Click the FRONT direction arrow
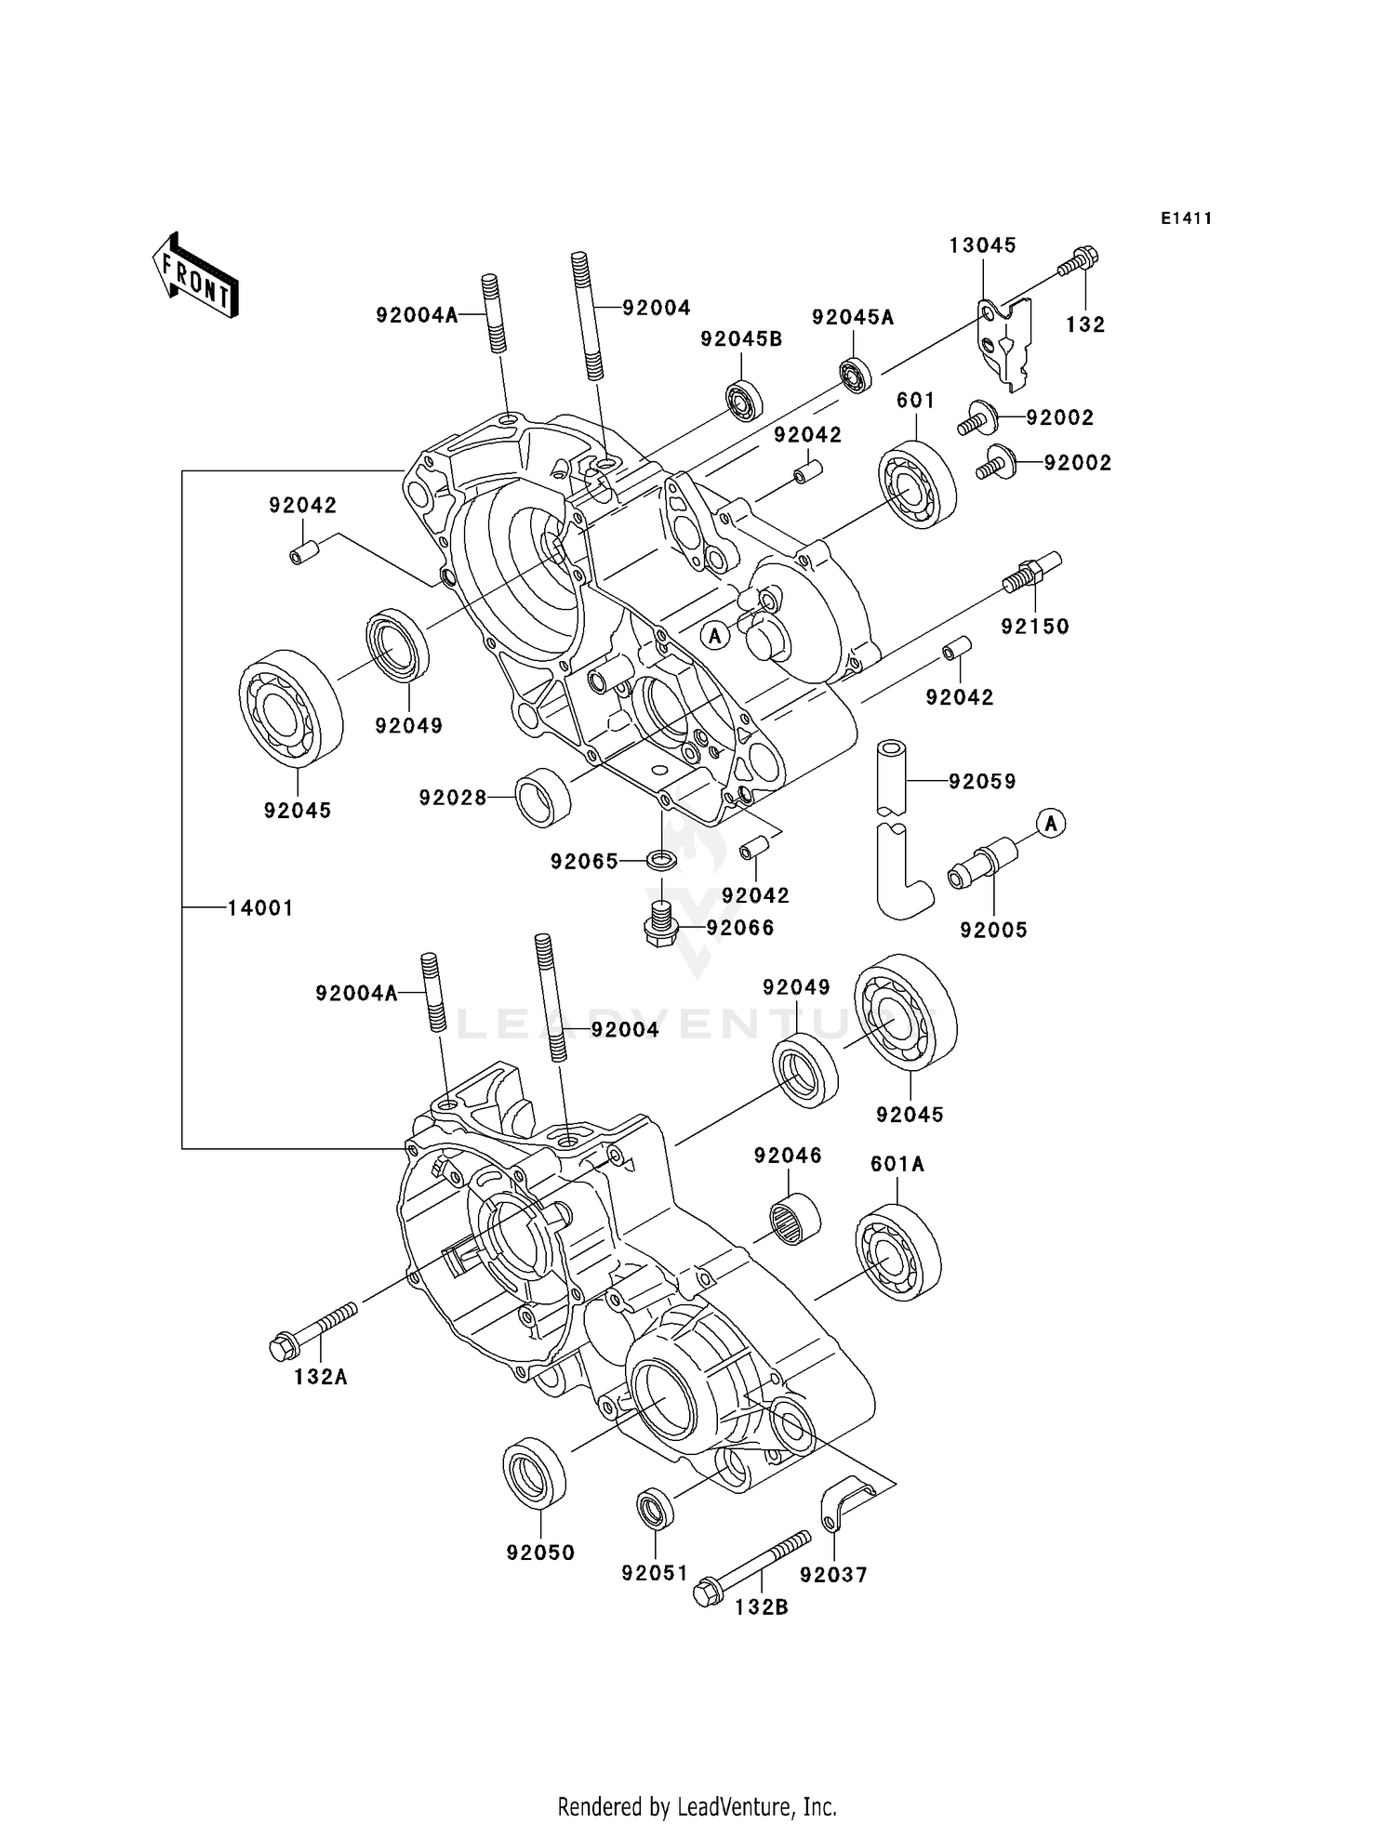tap(195, 277)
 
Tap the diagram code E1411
tap(1186, 218)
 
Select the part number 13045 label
tap(982, 245)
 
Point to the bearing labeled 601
tap(917, 488)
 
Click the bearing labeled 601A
tap(897, 1251)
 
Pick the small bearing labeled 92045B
tap(744, 401)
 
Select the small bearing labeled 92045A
tap(855, 375)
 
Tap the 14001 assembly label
tap(260, 908)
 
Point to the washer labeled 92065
tap(661, 858)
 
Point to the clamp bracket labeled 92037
tap(842, 1504)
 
